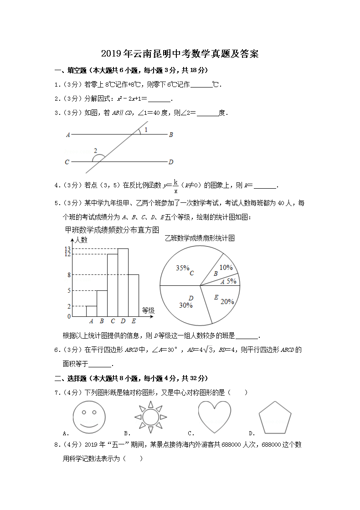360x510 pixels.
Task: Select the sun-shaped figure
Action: (150, 417)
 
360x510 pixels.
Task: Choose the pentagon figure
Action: (275, 417)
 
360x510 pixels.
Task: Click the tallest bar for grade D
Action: (123, 283)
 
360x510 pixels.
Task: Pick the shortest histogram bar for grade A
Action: (91, 311)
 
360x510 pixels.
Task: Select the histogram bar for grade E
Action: (134, 295)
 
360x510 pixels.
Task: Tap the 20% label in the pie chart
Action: (227, 301)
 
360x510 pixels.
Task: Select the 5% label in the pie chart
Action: (231, 281)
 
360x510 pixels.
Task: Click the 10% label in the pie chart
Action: (226, 268)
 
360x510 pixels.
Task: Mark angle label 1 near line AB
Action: (146, 130)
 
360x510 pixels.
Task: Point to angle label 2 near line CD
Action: (95, 150)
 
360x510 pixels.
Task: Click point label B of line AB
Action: (171, 135)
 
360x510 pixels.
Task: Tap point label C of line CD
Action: (67, 162)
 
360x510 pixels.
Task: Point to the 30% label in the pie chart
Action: (185, 305)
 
